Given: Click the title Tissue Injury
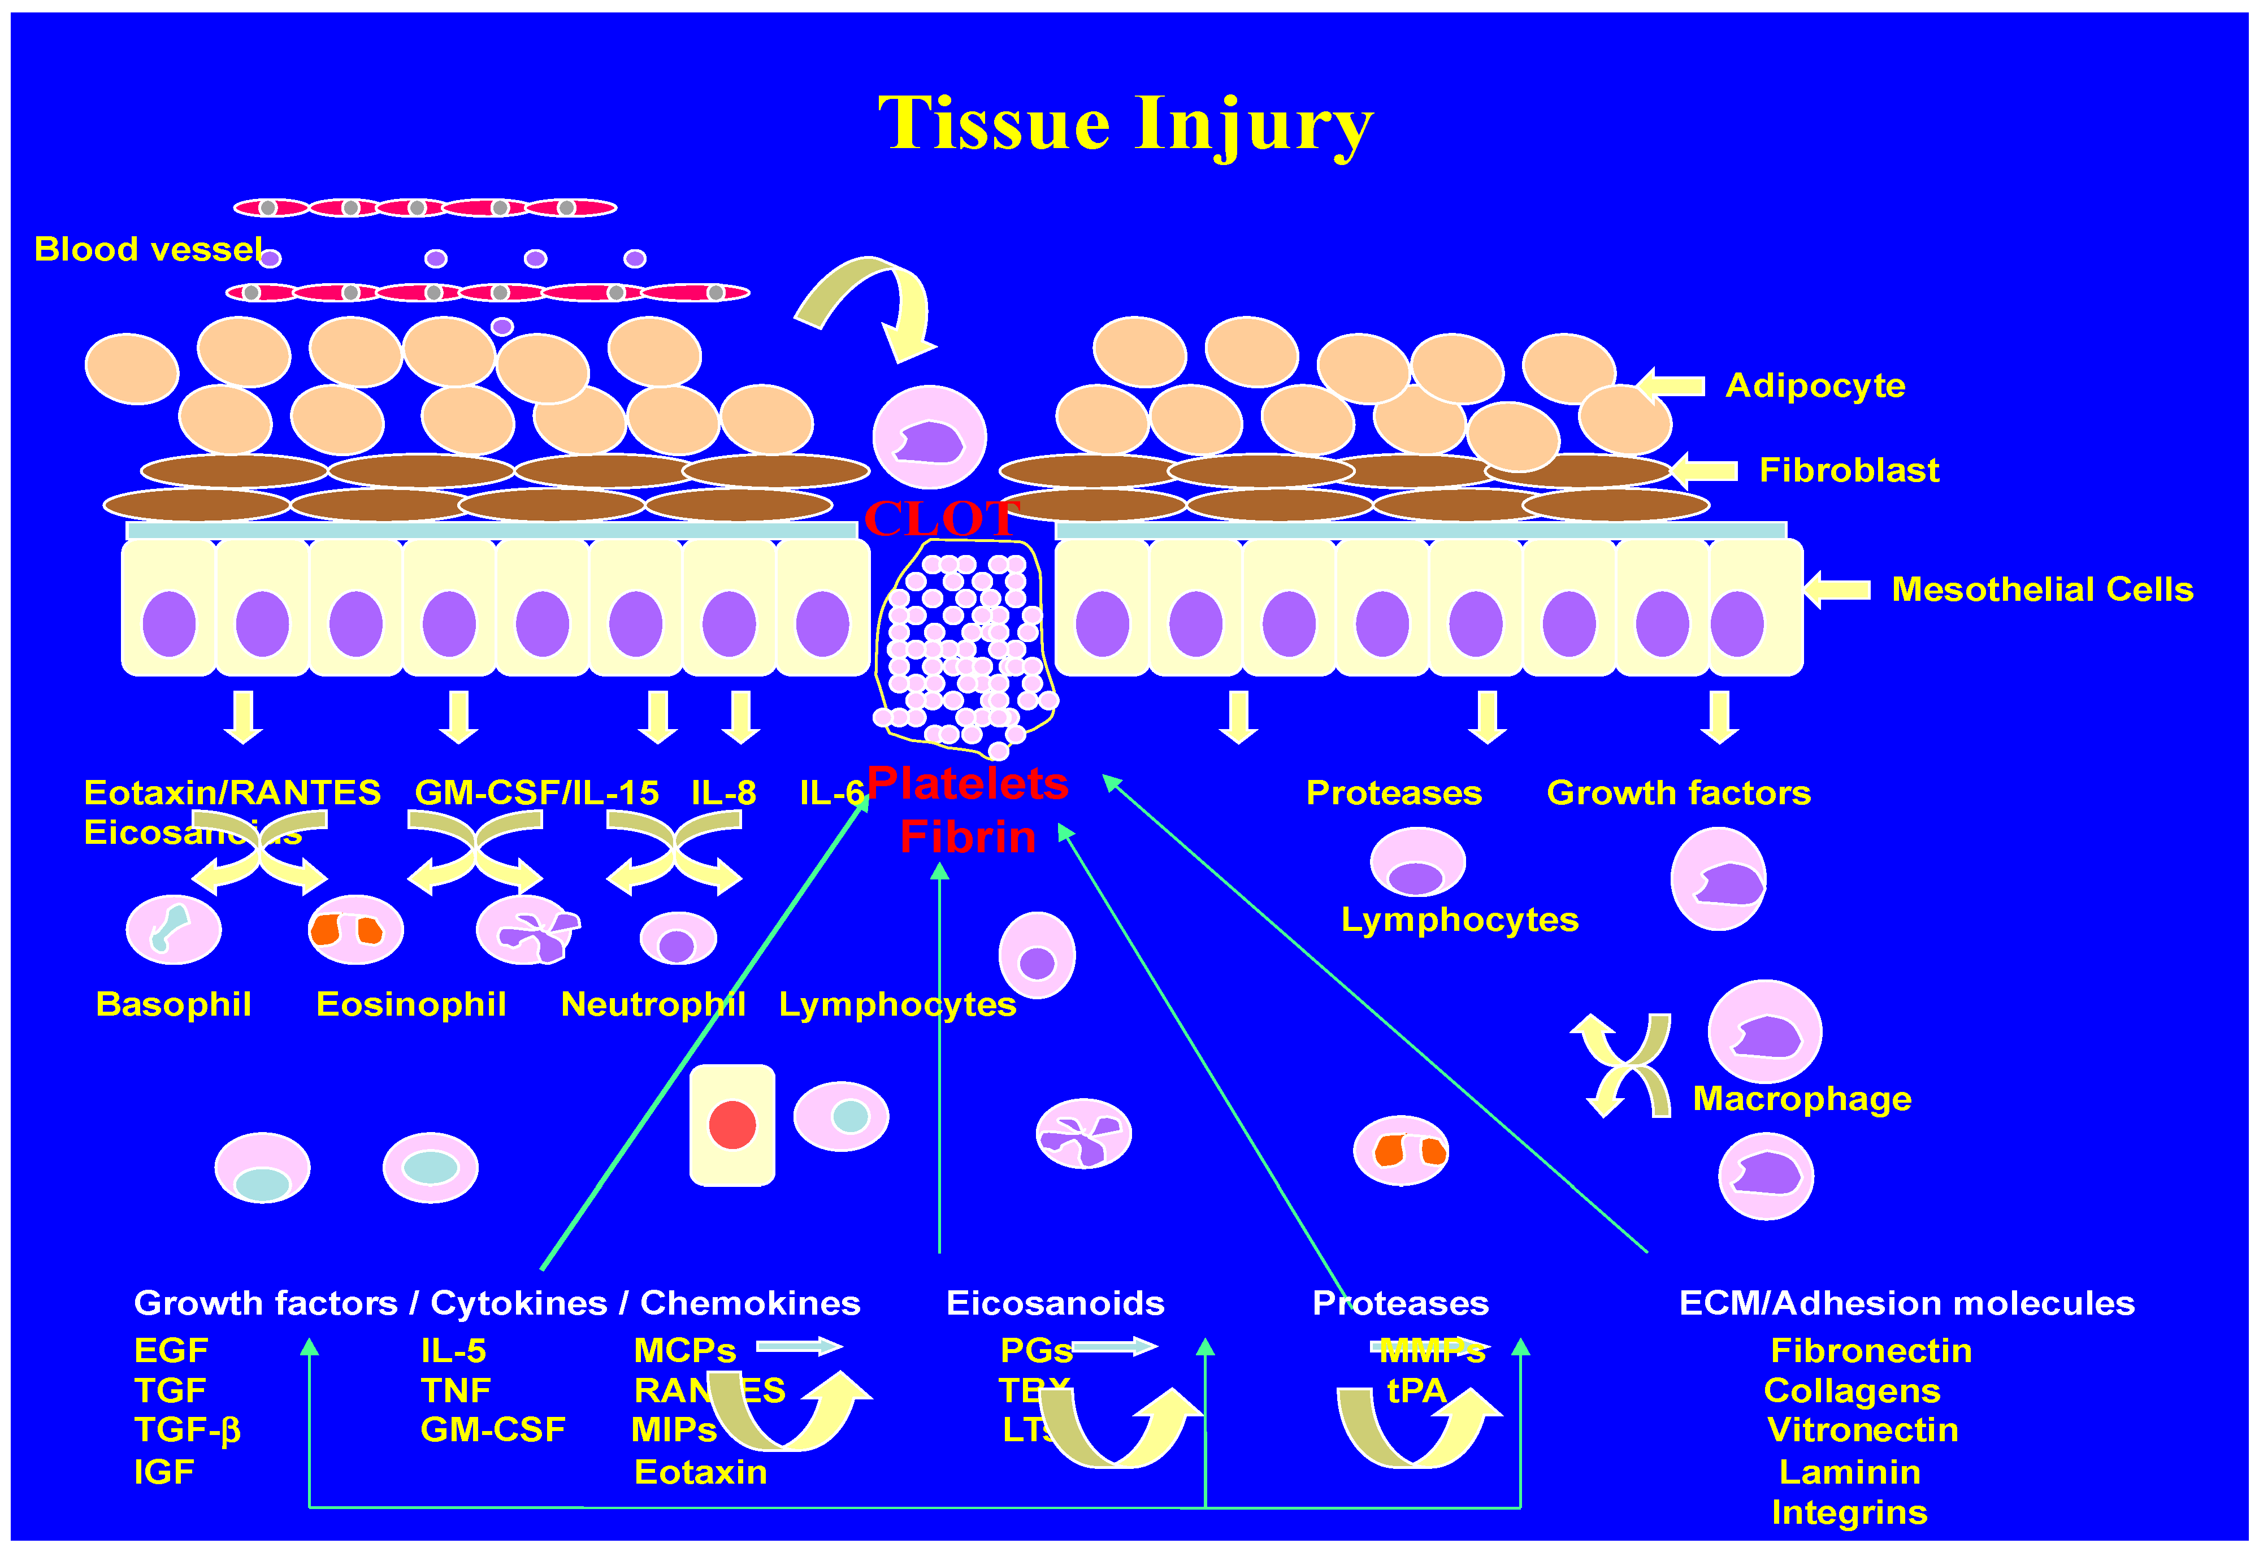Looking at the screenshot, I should (x=1125, y=124).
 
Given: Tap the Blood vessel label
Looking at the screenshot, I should (x=148, y=250).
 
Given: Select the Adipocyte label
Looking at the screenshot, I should (x=1815, y=386).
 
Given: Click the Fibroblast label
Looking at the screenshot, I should (x=1849, y=471).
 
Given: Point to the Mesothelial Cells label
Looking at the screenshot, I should (x=2041, y=589).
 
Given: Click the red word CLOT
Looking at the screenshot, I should (x=940, y=518).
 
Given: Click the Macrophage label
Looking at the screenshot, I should (x=1801, y=1099).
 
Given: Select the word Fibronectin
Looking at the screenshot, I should (x=1870, y=1351).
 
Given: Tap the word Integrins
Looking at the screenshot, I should (x=1849, y=1512).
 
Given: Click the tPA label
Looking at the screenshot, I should (x=1416, y=1390).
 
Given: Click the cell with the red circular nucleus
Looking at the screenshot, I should (x=732, y=1125).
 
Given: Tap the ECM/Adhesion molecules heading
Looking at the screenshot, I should (x=1906, y=1303).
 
